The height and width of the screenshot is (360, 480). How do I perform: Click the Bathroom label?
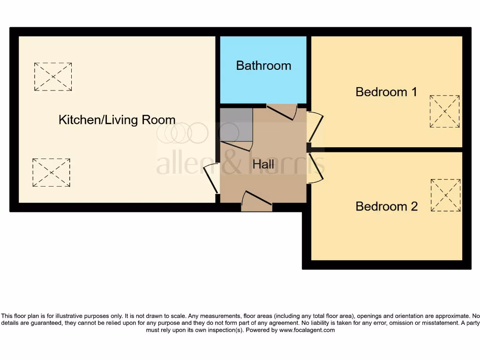pos(263,66)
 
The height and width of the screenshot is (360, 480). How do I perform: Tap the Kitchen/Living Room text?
pos(117,120)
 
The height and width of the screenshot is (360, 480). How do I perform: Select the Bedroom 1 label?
pos(386,92)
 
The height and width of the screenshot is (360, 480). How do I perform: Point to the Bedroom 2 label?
pos(386,206)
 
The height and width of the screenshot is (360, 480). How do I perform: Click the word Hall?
pos(263,165)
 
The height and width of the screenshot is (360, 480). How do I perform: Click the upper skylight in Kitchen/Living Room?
pos(53,76)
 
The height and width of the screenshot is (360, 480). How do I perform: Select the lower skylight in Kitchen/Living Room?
pos(52,172)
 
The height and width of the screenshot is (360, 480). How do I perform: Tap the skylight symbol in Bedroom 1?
pos(444,111)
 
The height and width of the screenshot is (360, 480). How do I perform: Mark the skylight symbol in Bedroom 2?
pos(445,195)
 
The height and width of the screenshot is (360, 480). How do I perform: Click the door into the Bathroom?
pos(282,112)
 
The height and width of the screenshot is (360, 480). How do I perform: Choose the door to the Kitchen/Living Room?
pos(211,178)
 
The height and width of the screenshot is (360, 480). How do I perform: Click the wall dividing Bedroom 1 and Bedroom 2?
pos(387,150)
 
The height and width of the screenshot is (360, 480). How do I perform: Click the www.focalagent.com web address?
pos(307,330)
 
